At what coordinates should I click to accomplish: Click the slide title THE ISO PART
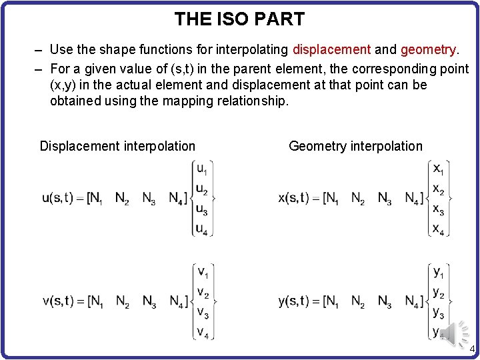tap(239, 19)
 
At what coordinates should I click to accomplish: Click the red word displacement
tap(331, 49)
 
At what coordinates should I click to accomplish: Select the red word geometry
tap(429, 49)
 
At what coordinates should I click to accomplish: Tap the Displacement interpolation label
tap(117, 146)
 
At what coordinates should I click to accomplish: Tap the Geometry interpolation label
tap(355, 146)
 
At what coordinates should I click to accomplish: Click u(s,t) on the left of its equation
tap(58, 198)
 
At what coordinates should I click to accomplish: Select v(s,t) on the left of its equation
tap(58, 301)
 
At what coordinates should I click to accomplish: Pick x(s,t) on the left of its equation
tap(294, 198)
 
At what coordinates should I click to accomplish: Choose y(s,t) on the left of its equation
tap(294, 301)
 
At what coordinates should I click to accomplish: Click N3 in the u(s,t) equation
tap(149, 199)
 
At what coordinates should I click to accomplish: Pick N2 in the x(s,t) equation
tap(358, 199)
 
